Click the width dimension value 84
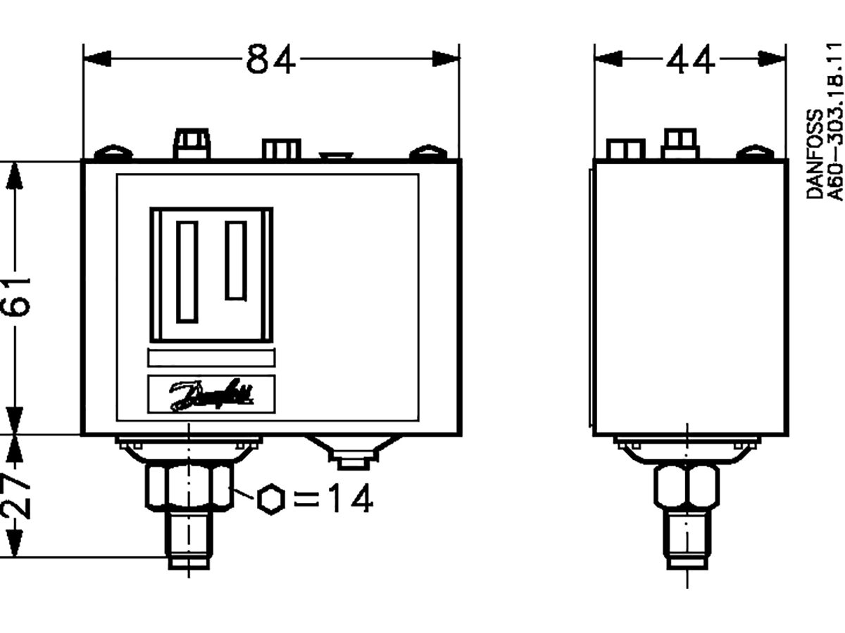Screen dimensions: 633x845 [271, 59]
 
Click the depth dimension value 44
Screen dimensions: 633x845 [690, 59]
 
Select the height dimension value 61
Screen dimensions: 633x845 [17, 295]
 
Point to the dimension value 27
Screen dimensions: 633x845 [17, 496]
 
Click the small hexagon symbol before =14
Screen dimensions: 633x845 [270, 499]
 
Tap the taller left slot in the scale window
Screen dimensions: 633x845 [187, 271]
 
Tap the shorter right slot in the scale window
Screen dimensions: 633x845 [236, 260]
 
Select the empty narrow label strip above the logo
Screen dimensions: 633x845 [211, 358]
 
